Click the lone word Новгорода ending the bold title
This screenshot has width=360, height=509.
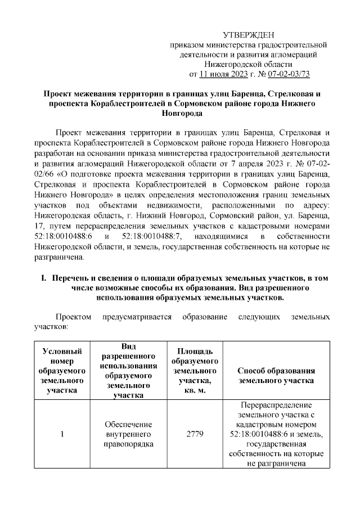tap(181, 113)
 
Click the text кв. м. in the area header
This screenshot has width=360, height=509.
tap(195, 390)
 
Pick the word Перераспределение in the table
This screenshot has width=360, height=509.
tap(276, 405)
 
